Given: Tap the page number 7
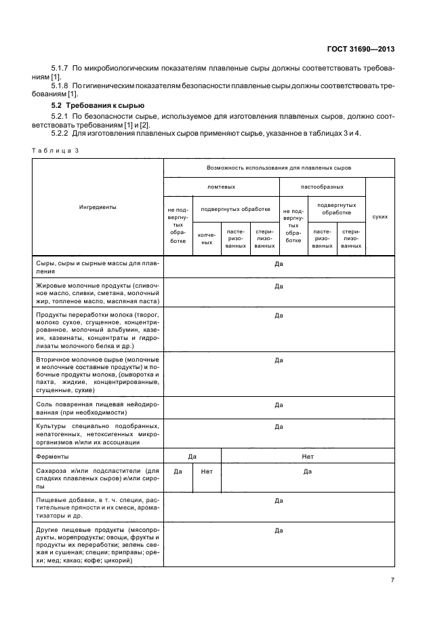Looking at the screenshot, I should (392, 579).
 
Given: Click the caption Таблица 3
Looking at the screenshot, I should (55, 151).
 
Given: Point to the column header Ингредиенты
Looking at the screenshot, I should (97, 206).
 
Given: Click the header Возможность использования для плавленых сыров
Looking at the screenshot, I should (278, 167).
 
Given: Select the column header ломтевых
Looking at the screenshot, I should (221, 187).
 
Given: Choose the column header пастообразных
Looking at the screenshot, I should (322, 187).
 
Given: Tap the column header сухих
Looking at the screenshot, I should (380, 216).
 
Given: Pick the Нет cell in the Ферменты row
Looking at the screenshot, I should (308, 457).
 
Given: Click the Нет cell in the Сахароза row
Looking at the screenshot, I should (207, 471).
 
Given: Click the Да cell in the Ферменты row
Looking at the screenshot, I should (192, 457).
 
